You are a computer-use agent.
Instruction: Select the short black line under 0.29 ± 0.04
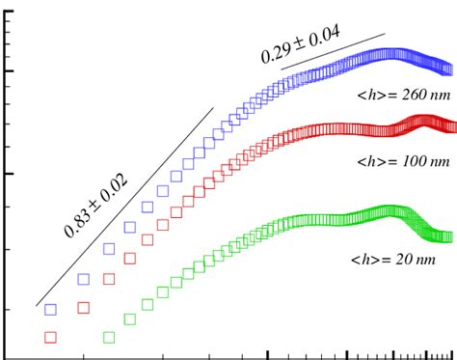point(333,52)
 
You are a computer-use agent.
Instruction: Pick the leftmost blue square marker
point(51,310)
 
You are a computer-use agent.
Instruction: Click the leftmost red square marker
point(51,337)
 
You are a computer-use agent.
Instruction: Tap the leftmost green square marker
point(109,337)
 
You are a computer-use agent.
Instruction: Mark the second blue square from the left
point(84,280)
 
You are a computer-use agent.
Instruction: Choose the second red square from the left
point(84,308)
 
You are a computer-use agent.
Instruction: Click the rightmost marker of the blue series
point(448,69)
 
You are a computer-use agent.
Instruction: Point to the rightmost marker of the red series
point(449,125)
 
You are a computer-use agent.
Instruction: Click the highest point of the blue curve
point(390,53)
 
